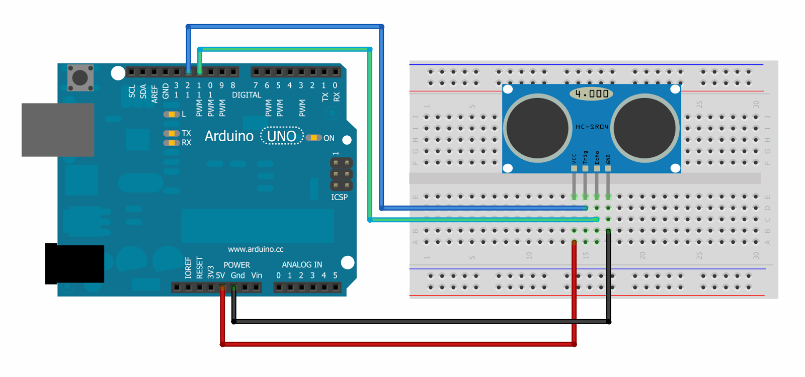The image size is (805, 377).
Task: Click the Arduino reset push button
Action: [x=80, y=77]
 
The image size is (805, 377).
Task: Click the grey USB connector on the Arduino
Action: [x=57, y=130]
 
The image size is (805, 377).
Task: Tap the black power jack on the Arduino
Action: [x=74, y=264]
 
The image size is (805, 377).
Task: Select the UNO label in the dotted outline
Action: [x=282, y=136]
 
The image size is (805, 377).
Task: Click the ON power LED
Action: [x=313, y=138]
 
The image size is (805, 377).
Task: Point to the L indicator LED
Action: [x=172, y=115]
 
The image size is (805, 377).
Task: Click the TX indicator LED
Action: [x=172, y=133]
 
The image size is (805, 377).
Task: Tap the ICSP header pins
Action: [x=341, y=174]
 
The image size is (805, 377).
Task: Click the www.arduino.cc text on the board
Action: [x=256, y=249]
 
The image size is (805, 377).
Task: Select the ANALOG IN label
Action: [x=302, y=264]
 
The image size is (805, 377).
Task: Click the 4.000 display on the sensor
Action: [x=592, y=94]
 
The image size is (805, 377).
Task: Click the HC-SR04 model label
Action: [x=592, y=127]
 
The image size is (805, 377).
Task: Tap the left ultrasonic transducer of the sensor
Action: [x=537, y=128]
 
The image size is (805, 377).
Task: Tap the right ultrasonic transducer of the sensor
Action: [x=645, y=128]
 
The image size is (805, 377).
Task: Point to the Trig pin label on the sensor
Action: [x=585, y=157]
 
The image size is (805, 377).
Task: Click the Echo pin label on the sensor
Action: [x=597, y=157]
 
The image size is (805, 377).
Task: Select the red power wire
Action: [x=397, y=344]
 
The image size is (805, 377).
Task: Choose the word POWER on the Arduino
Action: [x=236, y=265]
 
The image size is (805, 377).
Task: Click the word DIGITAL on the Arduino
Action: [x=247, y=95]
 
